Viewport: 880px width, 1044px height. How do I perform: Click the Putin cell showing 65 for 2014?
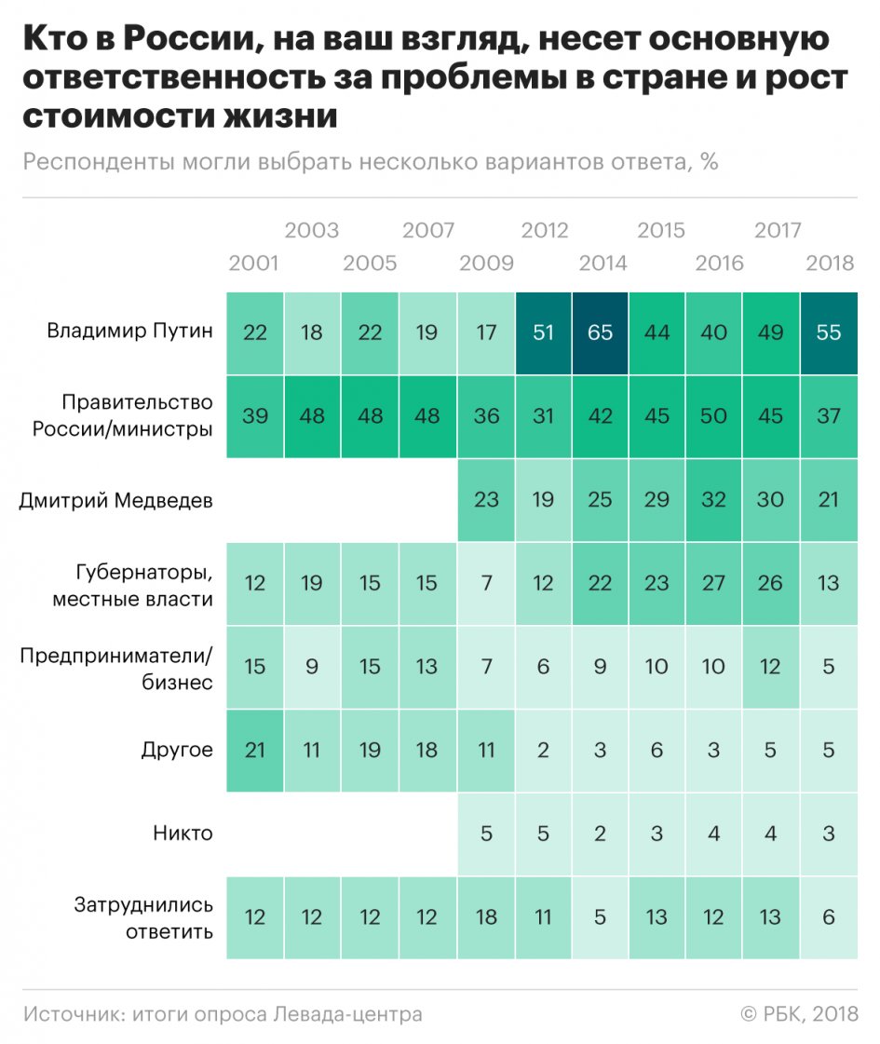tap(601, 332)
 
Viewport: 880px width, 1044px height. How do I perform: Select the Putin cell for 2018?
tap(829, 332)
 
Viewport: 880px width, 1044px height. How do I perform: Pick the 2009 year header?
tap(486, 264)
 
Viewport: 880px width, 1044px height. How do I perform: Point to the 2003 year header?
tap(312, 230)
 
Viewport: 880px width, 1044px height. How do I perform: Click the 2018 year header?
tap(829, 264)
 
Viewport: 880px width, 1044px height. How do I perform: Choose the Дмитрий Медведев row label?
tap(116, 500)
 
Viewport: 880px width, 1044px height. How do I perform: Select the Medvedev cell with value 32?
tap(714, 500)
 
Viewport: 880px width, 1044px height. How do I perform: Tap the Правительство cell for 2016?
tap(714, 416)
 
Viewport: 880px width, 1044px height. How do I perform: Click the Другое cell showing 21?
tap(254, 750)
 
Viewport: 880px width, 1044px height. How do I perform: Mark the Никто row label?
tap(183, 834)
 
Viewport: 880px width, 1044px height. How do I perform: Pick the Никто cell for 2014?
tap(601, 834)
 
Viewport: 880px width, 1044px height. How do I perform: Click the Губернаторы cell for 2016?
tap(714, 584)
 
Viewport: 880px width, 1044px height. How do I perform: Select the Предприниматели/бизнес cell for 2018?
tap(829, 667)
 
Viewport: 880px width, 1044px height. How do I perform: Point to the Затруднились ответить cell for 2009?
tap(486, 917)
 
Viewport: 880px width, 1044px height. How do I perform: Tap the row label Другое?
tap(176, 750)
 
